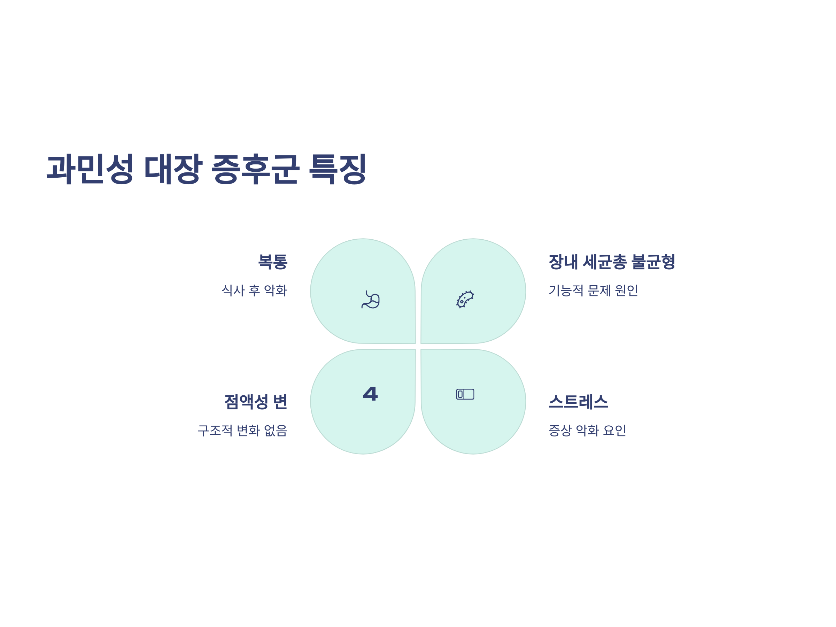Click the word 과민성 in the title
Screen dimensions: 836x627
point(90,169)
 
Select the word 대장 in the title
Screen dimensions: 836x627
point(173,169)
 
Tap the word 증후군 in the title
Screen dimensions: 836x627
point(255,169)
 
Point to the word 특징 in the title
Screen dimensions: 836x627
point(338,169)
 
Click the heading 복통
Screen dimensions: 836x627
point(272,262)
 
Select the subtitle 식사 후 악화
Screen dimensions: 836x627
point(254,290)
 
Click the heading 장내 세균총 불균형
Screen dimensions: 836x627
point(612,262)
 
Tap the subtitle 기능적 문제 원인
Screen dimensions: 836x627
point(593,290)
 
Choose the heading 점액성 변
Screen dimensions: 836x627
point(256,401)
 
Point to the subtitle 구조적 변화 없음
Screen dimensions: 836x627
point(242,430)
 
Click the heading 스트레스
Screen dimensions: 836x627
point(578,401)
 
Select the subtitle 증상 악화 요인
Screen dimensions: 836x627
point(587,430)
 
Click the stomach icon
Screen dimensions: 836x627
point(370,299)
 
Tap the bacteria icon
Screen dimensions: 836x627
point(465,299)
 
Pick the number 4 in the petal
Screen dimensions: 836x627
point(370,394)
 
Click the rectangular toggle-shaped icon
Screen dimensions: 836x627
point(465,394)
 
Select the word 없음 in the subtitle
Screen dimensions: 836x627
point(276,430)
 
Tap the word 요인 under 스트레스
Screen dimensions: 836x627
point(614,430)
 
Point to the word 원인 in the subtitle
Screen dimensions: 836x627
point(626,290)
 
